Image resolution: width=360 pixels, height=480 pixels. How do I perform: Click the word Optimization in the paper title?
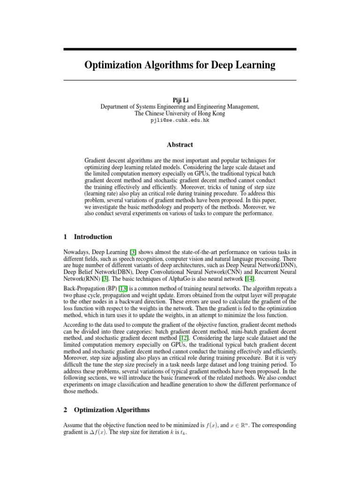[x=113, y=65]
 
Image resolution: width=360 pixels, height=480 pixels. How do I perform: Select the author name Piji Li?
[x=180, y=100]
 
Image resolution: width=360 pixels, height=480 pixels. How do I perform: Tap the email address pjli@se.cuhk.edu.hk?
[x=180, y=120]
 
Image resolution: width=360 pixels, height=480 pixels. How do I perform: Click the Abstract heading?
[x=180, y=145]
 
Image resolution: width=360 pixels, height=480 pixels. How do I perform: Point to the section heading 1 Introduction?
[x=88, y=237]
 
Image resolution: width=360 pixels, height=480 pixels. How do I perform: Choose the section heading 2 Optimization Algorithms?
[x=106, y=410]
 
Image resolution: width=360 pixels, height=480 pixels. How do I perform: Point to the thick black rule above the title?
[x=180, y=49]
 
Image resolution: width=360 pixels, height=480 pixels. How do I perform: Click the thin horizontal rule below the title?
[x=180, y=81]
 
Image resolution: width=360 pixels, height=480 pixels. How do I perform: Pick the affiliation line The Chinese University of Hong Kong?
[x=180, y=113]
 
